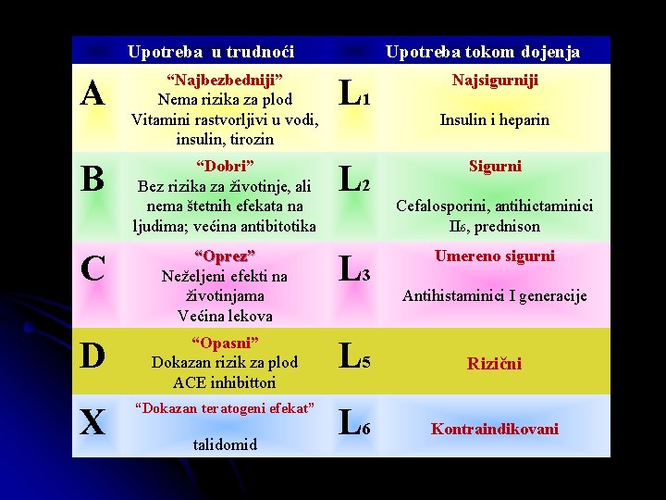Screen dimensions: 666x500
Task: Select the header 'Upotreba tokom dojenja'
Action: [x=482, y=52]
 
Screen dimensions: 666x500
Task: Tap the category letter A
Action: [x=92, y=94]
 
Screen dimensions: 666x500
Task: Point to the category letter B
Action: [x=92, y=179]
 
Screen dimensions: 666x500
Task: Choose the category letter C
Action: [x=92, y=269]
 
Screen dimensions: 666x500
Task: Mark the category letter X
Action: [x=92, y=423]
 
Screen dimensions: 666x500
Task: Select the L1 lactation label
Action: [x=355, y=94]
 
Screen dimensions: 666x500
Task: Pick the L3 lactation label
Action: [x=355, y=269]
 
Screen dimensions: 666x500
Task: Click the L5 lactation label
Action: [x=355, y=356]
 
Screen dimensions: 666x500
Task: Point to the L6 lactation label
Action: [x=355, y=424]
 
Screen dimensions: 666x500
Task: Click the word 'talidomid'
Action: [x=225, y=444]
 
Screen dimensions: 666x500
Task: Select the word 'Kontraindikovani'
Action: [x=495, y=429]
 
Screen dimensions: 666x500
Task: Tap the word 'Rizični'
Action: [x=495, y=364]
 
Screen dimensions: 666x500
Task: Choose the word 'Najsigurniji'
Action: [x=495, y=81]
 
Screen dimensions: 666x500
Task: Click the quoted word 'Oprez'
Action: [x=225, y=256]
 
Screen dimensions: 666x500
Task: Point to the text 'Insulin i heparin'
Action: [x=495, y=119]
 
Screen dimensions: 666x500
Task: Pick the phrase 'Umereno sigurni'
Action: [x=495, y=256]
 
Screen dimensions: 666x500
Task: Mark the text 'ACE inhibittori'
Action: [x=225, y=382]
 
